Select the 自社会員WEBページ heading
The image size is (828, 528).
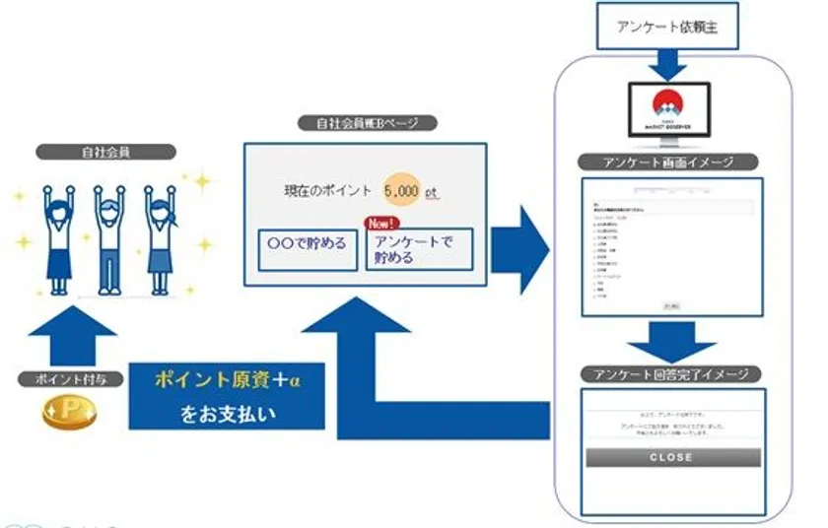tap(366, 126)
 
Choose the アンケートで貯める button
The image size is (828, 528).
tap(419, 249)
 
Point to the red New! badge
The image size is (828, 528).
tap(381, 223)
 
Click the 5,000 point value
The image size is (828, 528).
tap(402, 191)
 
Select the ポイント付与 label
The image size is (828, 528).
tap(70, 379)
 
